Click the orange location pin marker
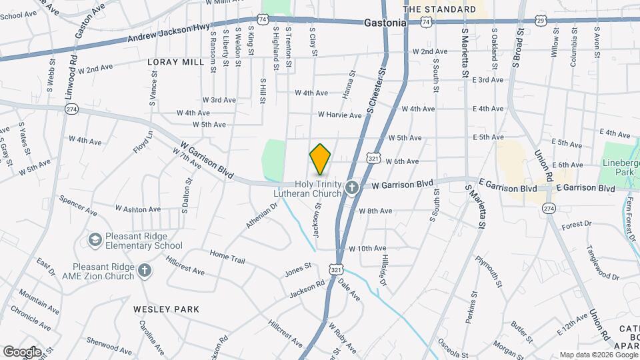pos(321,159)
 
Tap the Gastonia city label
pos(385,23)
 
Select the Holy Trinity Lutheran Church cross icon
pos(352,189)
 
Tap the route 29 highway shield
pos(541,21)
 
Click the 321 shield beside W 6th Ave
pos(373,159)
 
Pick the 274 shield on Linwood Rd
pos(72,109)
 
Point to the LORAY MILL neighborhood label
pos(175,62)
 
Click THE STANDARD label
pos(440,9)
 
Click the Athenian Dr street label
pos(261,217)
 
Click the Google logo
pos(22,351)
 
